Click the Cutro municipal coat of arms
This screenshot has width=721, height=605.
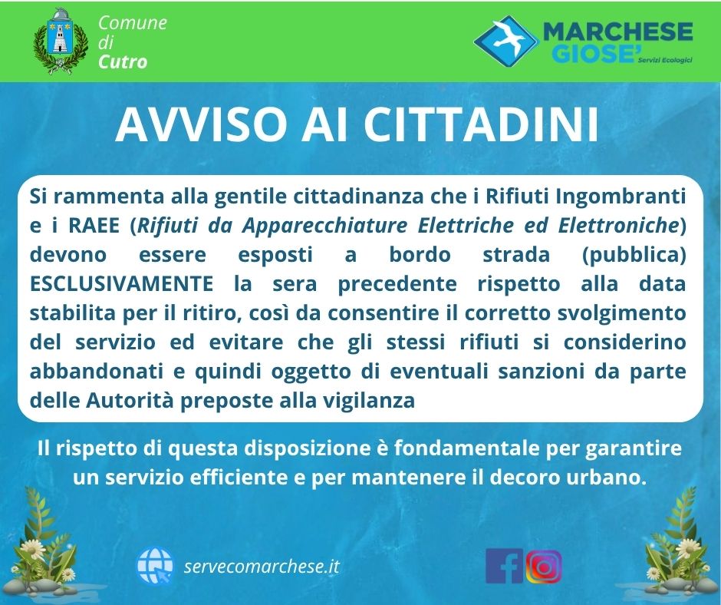pos(61,41)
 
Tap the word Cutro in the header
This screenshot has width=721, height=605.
pos(123,62)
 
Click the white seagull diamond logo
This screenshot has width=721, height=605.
pos(505,41)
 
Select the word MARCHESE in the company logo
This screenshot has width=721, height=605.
pos(617,31)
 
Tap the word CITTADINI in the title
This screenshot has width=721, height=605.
pos(482,125)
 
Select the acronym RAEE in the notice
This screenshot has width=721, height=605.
pos(94,225)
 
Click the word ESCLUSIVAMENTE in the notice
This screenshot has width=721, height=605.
pos(121,283)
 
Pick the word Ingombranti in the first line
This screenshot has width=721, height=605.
pos(621,197)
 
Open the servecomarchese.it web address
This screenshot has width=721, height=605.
pos(262,566)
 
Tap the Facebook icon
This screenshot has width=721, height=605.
pos(505,566)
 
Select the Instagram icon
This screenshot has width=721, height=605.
pos(544,567)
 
